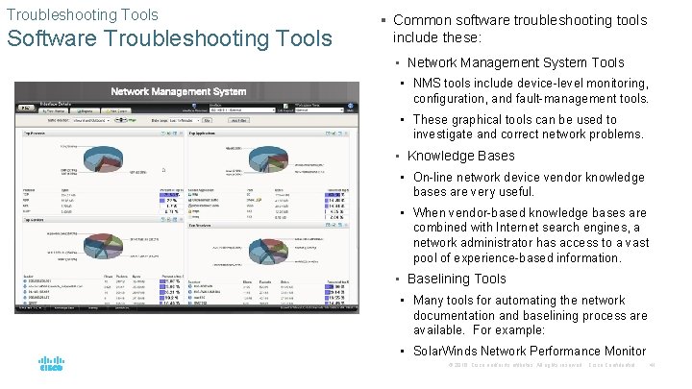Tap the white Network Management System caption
[x=178, y=91]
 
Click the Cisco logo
[x=51, y=364]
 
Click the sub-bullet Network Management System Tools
[x=515, y=62]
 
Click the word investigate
[x=447, y=134]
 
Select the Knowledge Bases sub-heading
[x=460, y=156]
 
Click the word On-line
[x=434, y=177]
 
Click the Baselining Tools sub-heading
[x=457, y=279]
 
